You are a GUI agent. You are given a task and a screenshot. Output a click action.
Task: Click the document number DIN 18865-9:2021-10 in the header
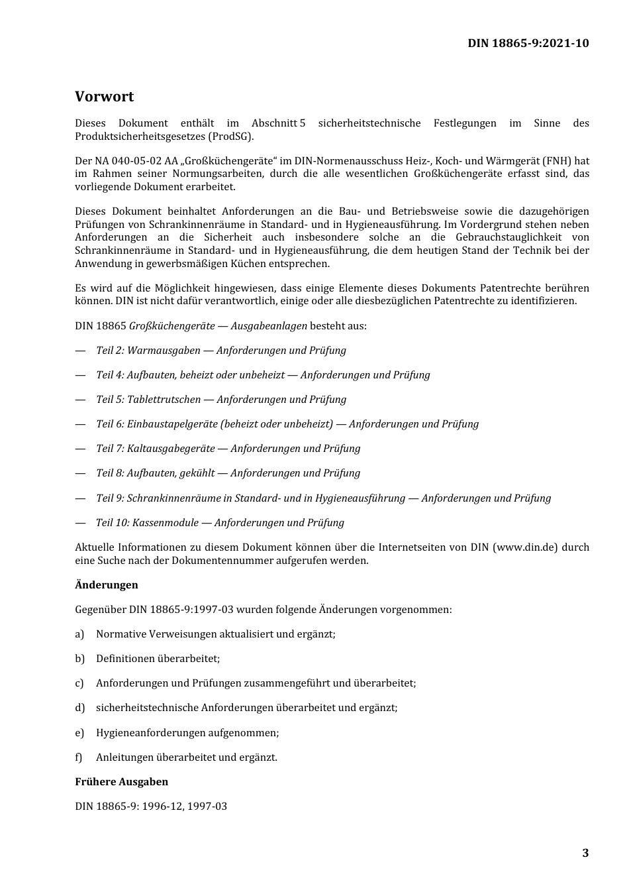coord(528,44)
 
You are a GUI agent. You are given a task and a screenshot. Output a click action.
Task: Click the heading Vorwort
coord(104,97)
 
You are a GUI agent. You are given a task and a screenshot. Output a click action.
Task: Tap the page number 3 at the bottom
coord(585,853)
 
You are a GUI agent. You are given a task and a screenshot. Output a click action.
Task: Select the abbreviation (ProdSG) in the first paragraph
coord(230,137)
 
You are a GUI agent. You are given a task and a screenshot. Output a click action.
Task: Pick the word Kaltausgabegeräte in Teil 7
coord(171,449)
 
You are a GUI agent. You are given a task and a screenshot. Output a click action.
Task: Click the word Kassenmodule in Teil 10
coord(166,523)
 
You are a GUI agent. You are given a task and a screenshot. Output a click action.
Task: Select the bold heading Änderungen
coord(107,585)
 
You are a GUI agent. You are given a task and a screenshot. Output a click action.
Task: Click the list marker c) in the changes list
coord(79,683)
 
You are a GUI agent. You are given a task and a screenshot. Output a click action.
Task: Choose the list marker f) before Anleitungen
coord(79,757)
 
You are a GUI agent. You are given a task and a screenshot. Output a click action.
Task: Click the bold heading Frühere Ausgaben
coord(121,782)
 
